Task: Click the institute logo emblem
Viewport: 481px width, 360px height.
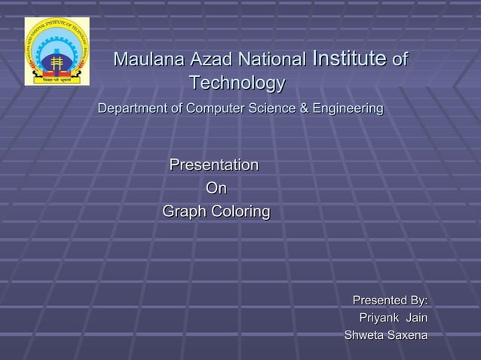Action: (57, 51)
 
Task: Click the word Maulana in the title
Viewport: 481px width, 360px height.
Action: (148, 59)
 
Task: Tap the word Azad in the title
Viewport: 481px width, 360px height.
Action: (210, 59)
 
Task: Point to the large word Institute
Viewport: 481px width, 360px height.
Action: (349, 58)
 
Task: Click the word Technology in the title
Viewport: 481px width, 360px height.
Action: (237, 83)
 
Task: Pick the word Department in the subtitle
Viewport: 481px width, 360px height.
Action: (131, 110)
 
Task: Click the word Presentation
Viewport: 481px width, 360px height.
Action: (214, 165)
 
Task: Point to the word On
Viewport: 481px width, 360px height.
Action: (216, 188)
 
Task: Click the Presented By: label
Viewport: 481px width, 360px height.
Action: (390, 301)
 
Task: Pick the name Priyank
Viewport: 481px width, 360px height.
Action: (379, 318)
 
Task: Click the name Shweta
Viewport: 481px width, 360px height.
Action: (363, 334)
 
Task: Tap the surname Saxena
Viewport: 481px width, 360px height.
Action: (407, 334)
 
